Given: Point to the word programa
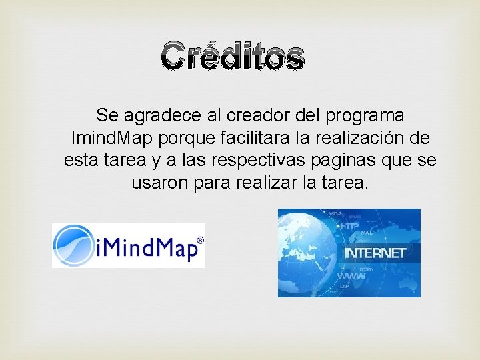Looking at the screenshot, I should coord(365,116).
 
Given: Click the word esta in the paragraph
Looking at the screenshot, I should coord(80,161).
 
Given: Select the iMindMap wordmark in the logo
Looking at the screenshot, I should coord(148,249).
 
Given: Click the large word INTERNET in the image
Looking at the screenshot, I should coord(374,253).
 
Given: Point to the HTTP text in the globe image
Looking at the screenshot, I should coord(349,227).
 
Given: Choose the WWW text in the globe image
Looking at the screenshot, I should coord(351,276).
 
